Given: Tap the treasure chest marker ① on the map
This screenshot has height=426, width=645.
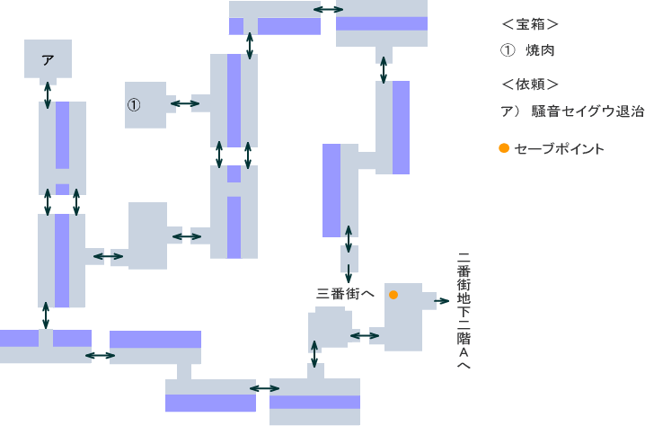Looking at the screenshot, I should (134, 105).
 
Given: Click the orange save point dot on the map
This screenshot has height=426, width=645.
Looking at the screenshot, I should (393, 295).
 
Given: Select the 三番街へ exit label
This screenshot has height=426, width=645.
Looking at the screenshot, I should (346, 293).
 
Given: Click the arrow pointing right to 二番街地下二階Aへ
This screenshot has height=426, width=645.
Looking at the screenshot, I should (442, 304).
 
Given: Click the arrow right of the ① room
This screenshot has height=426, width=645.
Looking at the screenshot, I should (185, 104).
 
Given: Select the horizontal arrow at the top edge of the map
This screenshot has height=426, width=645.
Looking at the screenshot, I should (327, 10).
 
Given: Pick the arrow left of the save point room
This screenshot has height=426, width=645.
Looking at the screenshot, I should (364, 336).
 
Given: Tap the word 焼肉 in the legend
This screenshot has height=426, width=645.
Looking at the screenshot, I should (541, 51).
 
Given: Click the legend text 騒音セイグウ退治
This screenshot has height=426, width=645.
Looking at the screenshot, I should (588, 112).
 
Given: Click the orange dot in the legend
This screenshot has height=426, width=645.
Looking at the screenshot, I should (504, 148).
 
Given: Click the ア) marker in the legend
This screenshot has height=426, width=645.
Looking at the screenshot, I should (508, 112).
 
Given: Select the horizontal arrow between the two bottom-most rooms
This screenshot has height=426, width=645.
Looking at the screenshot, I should (264, 388).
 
